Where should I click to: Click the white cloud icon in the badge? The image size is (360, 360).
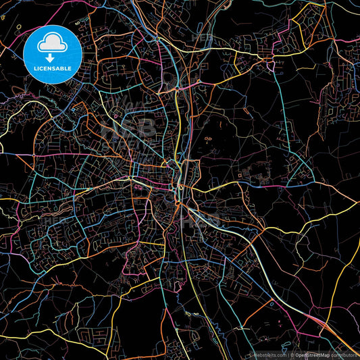point(52,43)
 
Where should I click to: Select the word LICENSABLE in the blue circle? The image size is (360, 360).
point(53,69)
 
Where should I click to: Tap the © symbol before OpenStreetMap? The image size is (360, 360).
point(292,354)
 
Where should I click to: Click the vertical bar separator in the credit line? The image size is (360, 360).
point(287,354)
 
